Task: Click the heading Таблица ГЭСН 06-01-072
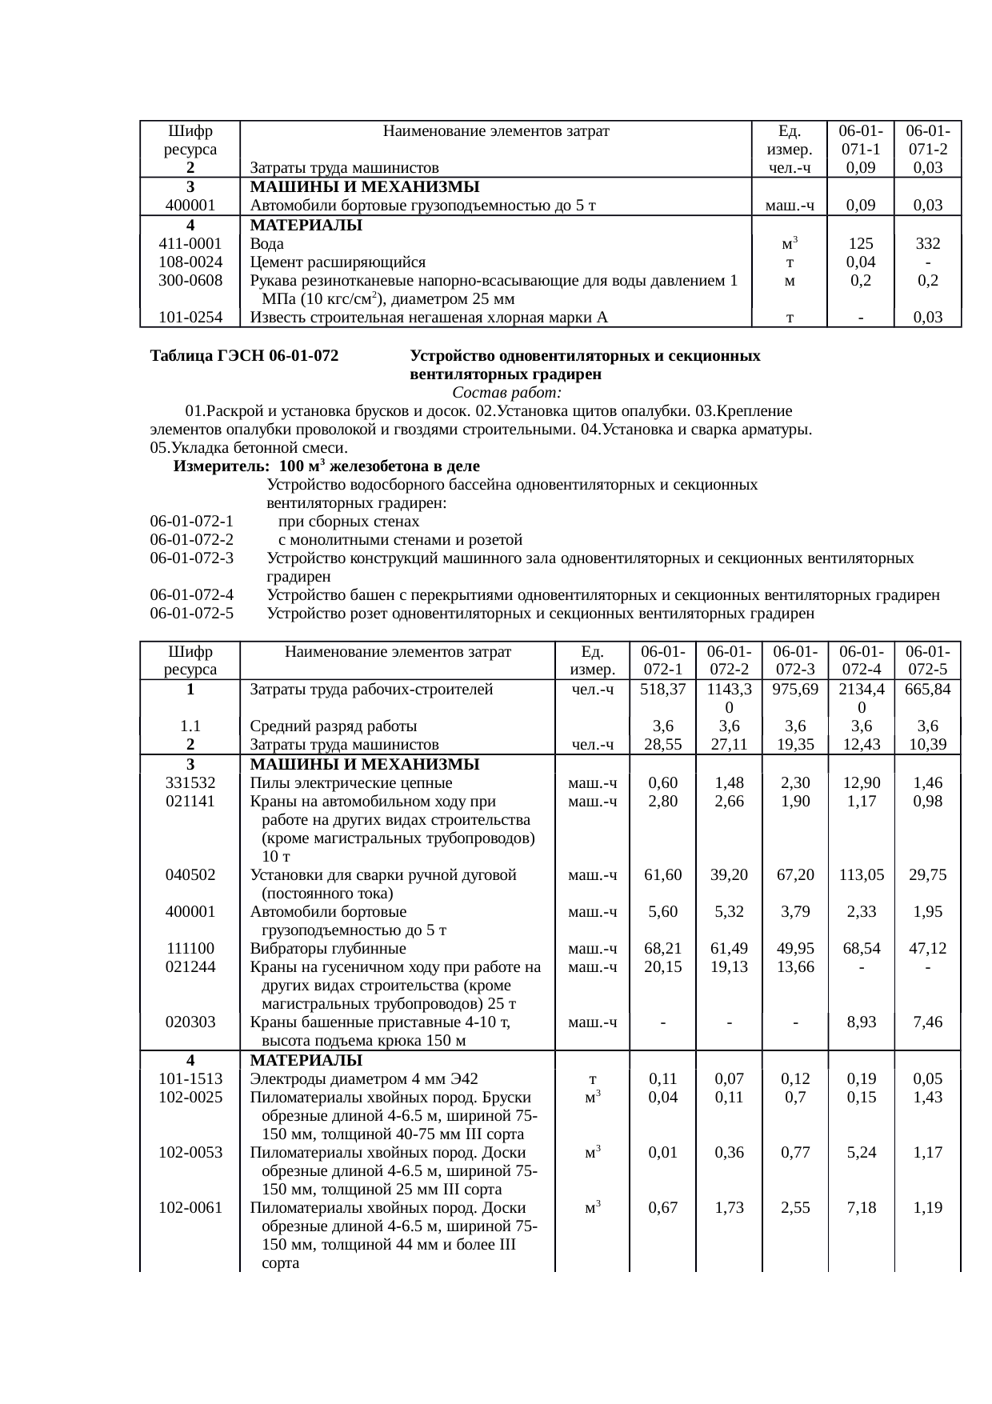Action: (x=244, y=355)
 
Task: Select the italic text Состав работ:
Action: (x=506, y=393)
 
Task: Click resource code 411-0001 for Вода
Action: (x=190, y=244)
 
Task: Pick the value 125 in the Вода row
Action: (x=861, y=244)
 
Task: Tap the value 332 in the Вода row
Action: (x=927, y=244)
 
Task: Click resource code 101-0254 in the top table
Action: (x=190, y=318)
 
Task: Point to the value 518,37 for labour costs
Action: (x=663, y=689)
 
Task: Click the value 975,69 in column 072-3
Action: (x=795, y=689)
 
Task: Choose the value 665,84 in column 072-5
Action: (x=927, y=689)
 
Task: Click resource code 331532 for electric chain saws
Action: (x=190, y=782)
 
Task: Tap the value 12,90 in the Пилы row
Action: (x=861, y=782)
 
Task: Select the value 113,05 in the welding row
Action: (x=861, y=874)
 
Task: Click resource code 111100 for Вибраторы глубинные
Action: (x=190, y=949)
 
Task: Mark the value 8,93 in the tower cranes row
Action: (x=861, y=1022)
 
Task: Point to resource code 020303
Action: (x=190, y=1022)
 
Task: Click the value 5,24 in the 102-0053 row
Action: (x=861, y=1153)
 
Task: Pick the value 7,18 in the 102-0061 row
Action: (x=861, y=1208)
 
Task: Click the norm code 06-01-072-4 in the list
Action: (x=192, y=594)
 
